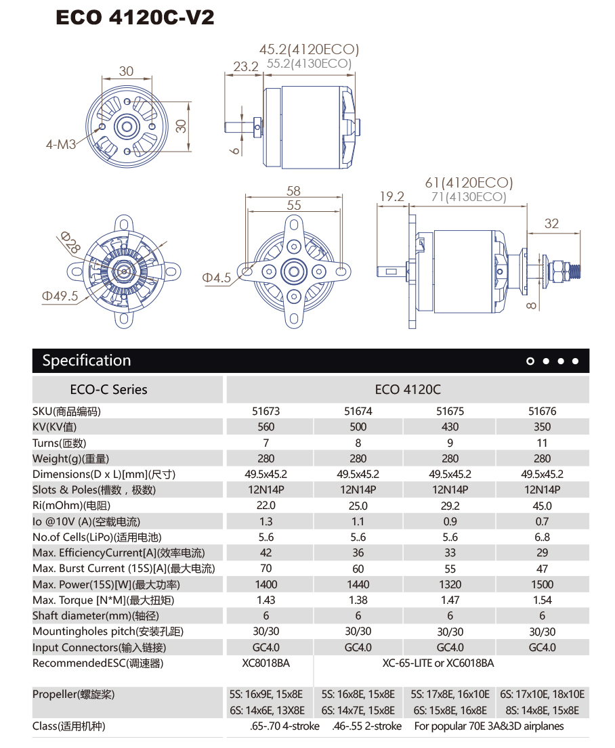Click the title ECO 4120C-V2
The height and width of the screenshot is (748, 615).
135,17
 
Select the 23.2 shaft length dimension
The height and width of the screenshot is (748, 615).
246,66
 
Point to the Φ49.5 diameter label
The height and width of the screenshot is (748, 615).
60,296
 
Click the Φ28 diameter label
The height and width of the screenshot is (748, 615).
70,242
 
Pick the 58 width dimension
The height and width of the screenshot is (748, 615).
293,191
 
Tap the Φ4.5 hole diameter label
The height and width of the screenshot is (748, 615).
217,278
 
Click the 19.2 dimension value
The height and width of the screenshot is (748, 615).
391,196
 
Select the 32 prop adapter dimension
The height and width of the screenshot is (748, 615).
551,223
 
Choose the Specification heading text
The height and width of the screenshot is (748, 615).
87,360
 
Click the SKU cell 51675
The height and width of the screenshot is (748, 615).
450,411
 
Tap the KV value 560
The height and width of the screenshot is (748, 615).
266,426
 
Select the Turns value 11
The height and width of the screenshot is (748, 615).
542,443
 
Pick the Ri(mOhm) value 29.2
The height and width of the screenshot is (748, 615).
450,506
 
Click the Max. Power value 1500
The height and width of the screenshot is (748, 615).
542,584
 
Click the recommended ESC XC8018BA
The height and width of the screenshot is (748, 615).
266,663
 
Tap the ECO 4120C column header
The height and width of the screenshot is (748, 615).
407,389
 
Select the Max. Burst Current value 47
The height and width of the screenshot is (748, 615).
542,569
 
